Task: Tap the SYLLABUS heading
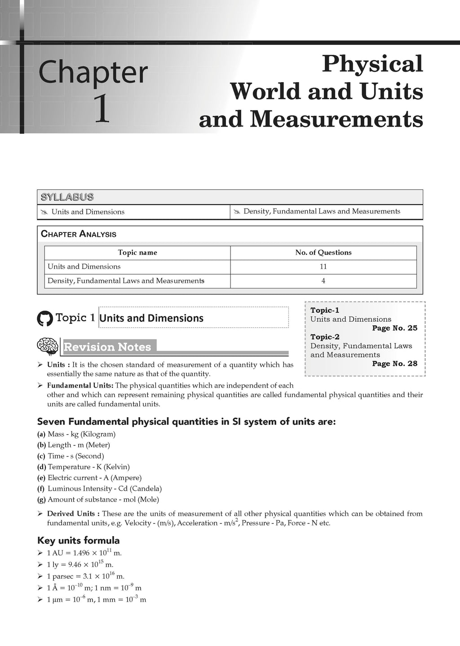point(67,197)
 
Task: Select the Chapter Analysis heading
point(79,234)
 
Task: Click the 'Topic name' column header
point(137,253)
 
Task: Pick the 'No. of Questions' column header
point(323,253)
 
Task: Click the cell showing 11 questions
point(323,266)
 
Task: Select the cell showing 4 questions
point(323,281)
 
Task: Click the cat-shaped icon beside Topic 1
point(44,319)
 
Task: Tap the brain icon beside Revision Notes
point(47,346)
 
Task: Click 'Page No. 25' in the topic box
point(394,328)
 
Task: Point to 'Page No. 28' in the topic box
point(394,363)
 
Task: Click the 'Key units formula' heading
point(78,540)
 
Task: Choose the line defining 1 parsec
point(85,576)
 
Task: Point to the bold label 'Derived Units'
point(71,514)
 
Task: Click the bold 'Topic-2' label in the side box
point(325,337)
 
